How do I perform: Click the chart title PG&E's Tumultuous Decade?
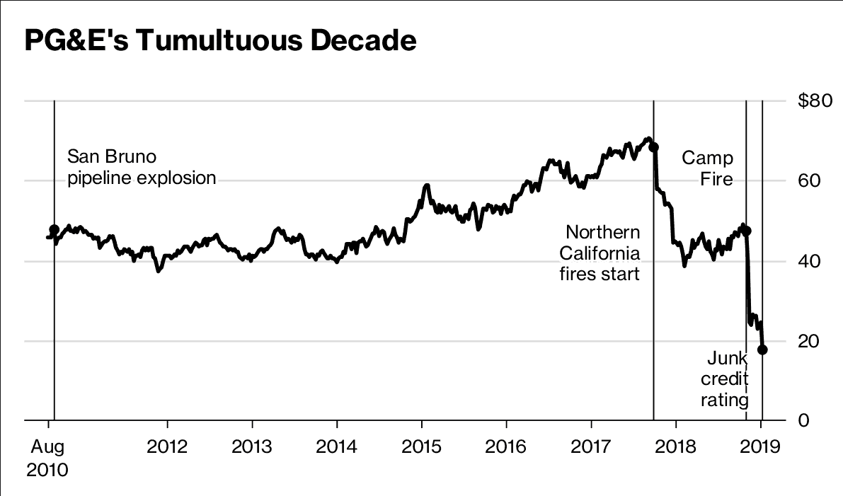pyautogui.click(x=220, y=41)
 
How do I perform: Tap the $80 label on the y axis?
pyautogui.click(x=815, y=100)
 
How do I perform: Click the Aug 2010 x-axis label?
pyautogui.click(x=48, y=458)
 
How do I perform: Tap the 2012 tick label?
pyautogui.click(x=167, y=447)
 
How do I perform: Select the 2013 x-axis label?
pyautogui.click(x=252, y=447)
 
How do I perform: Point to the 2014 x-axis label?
pyautogui.click(x=337, y=447)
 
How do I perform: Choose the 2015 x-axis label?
pyautogui.click(x=421, y=447)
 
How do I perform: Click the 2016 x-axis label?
pyautogui.click(x=506, y=447)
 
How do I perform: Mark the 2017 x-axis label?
pyautogui.click(x=591, y=447)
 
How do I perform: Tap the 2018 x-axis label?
pyautogui.click(x=676, y=447)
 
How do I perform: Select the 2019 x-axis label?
pyautogui.click(x=761, y=447)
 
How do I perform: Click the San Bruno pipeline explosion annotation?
pyautogui.click(x=142, y=167)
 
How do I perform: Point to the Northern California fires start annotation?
pyautogui.click(x=600, y=253)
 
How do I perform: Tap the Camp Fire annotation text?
pyautogui.click(x=708, y=168)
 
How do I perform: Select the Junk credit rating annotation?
pyautogui.click(x=725, y=379)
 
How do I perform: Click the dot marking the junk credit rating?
pyautogui.click(x=762, y=349)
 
